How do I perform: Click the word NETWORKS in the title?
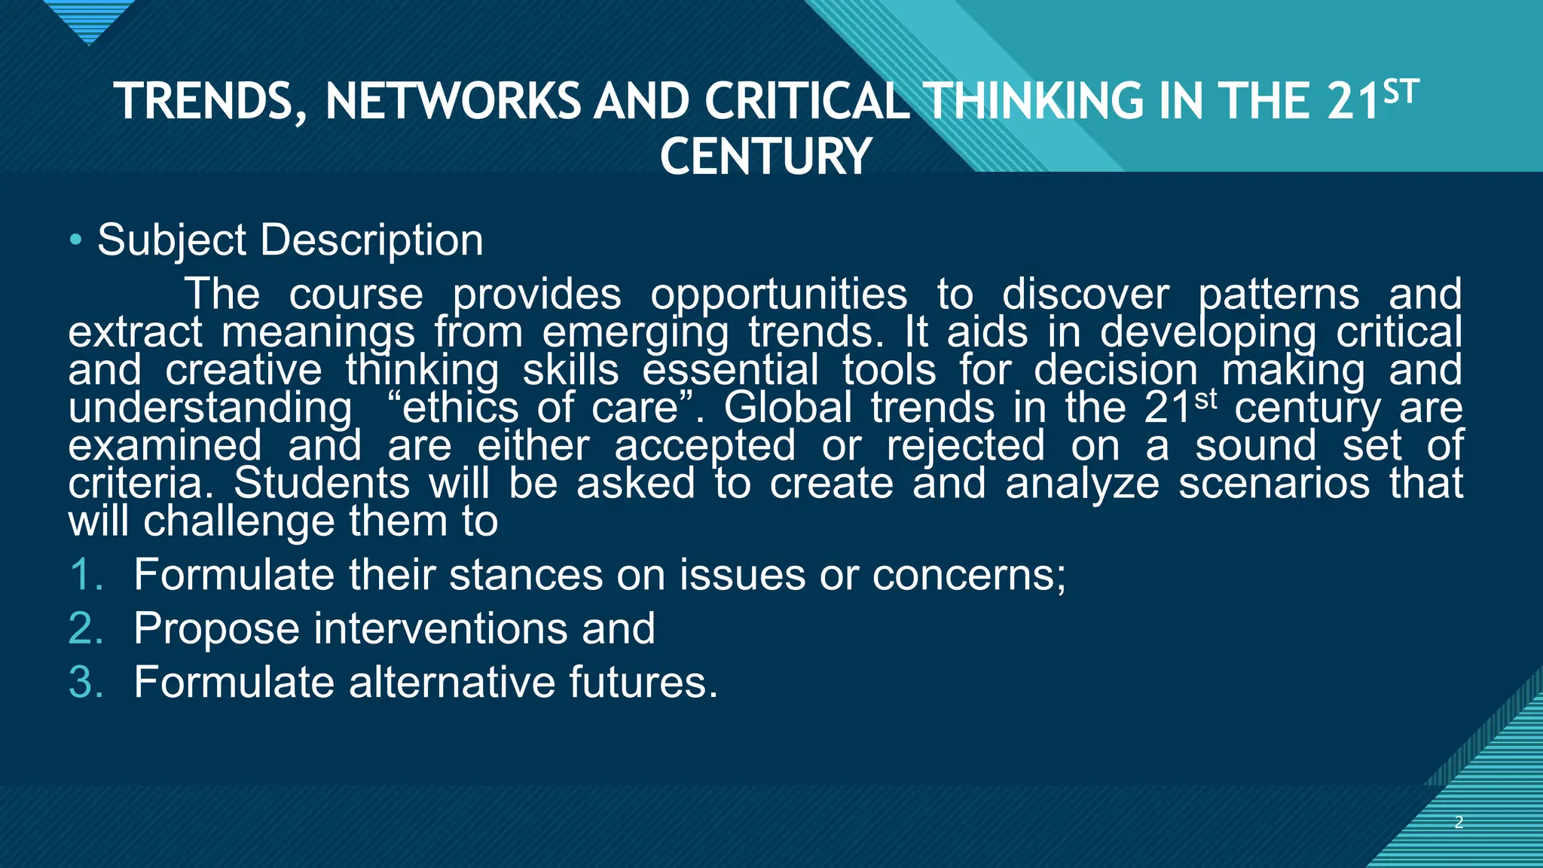point(453,102)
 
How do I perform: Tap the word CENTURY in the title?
point(765,157)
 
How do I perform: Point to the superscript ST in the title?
point(1401,93)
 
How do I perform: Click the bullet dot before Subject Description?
point(75,240)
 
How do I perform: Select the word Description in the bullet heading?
point(372,240)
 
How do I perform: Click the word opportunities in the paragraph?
point(779,294)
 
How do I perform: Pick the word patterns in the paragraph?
point(1279,294)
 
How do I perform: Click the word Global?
point(788,408)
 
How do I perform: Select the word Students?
point(322,483)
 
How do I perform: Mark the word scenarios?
point(1274,483)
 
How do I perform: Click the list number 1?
point(84,575)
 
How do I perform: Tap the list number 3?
point(85,682)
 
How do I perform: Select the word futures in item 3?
point(643,682)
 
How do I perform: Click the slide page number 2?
point(1459,822)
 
